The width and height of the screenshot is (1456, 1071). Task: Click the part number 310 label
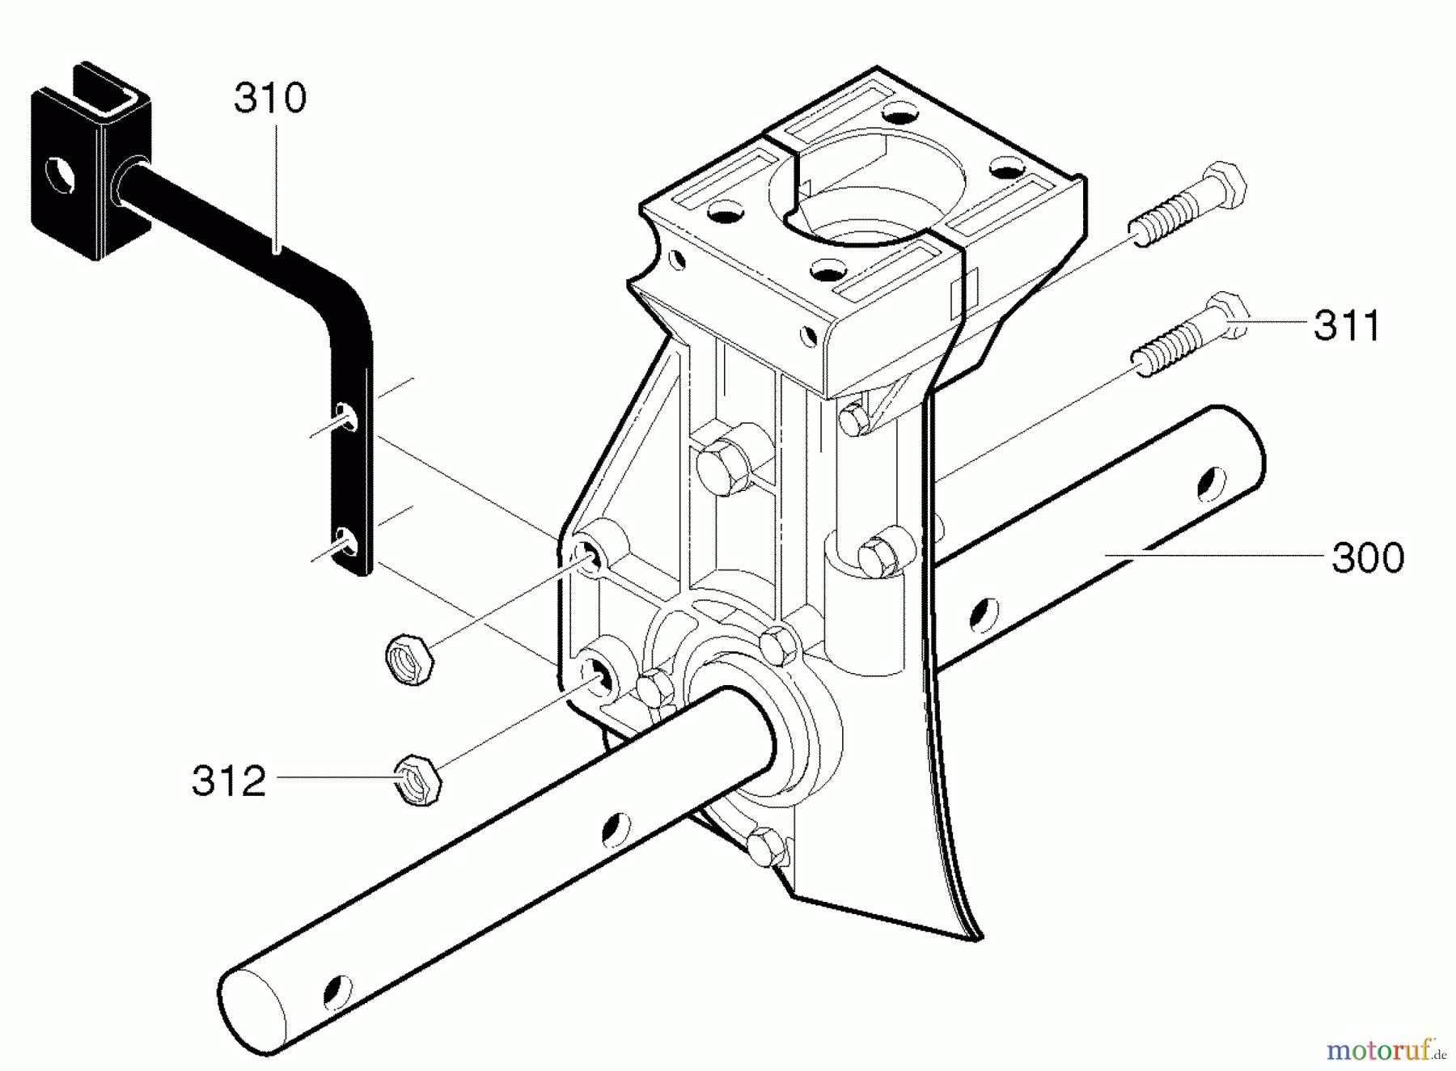click(270, 99)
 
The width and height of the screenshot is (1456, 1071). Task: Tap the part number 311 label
click(1347, 325)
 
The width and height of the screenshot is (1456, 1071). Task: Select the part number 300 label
click(1368, 558)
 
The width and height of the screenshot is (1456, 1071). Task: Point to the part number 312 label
click(229, 781)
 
